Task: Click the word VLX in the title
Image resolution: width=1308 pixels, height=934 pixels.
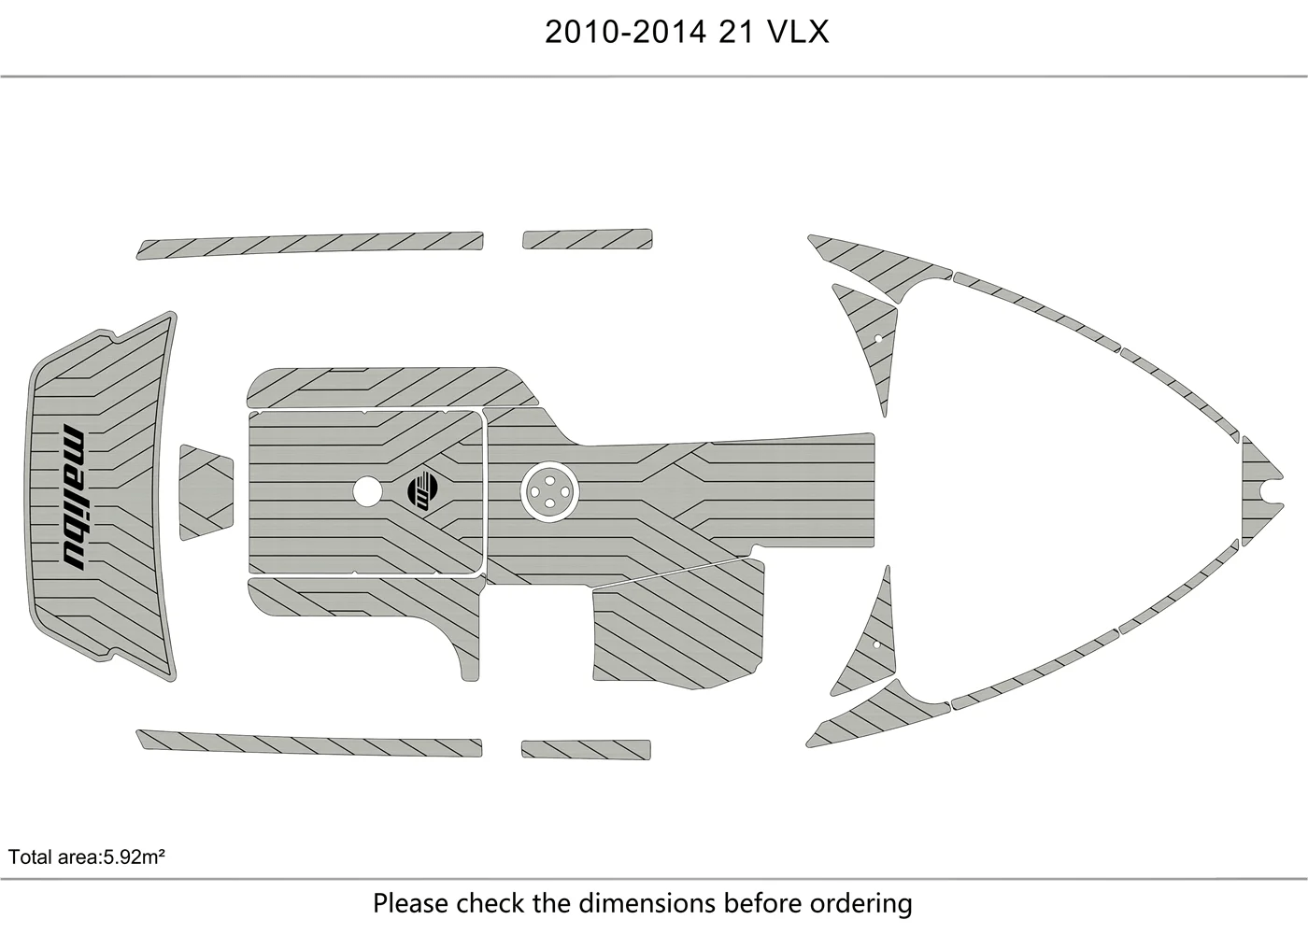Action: pyautogui.click(x=798, y=32)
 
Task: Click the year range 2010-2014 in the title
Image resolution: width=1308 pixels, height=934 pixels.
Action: pyautogui.click(x=625, y=32)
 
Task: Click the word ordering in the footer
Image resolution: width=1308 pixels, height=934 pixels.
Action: pyautogui.click(x=860, y=904)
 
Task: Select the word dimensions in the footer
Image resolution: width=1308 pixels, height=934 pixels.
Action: pyautogui.click(x=647, y=903)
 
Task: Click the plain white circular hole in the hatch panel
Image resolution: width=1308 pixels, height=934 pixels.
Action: pyautogui.click(x=367, y=491)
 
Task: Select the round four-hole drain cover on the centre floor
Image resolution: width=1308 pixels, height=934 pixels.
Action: pyautogui.click(x=549, y=491)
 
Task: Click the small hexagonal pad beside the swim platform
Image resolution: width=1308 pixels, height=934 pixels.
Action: pyautogui.click(x=206, y=492)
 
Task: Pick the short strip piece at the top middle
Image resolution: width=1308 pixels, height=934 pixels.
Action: pyautogui.click(x=588, y=239)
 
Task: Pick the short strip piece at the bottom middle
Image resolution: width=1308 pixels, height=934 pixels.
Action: pyautogui.click(x=587, y=749)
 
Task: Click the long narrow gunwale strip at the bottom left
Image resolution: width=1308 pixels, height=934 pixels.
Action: pyautogui.click(x=309, y=743)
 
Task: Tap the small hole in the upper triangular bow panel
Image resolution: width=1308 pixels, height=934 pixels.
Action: pyautogui.click(x=877, y=338)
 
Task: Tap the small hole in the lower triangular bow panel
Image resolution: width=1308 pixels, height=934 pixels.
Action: pyautogui.click(x=876, y=645)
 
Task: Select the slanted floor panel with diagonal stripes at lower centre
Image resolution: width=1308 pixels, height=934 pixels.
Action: pyautogui.click(x=678, y=625)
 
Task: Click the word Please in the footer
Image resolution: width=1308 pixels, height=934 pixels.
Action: pyautogui.click(x=412, y=903)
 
